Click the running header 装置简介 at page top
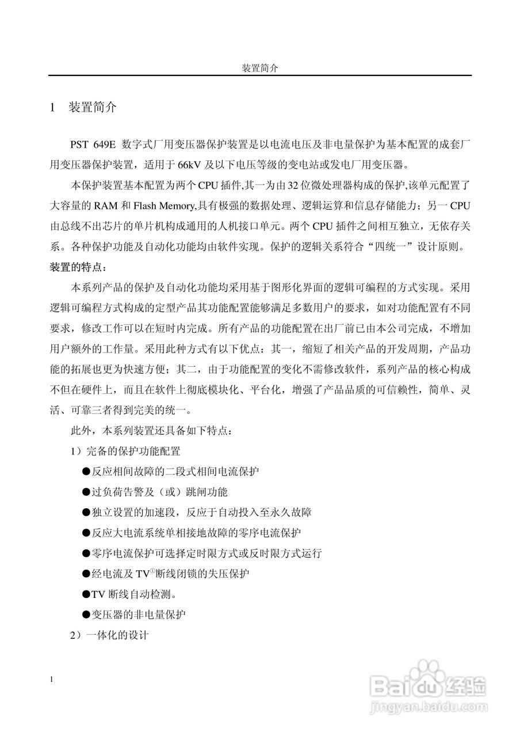pyautogui.click(x=259, y=68)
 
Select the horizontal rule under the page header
pyautogui.click(x=259, y=75)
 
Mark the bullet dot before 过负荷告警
pyautogui.click(x=86, y=492)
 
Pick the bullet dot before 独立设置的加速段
pyautogui.click(x=86, y=512)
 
